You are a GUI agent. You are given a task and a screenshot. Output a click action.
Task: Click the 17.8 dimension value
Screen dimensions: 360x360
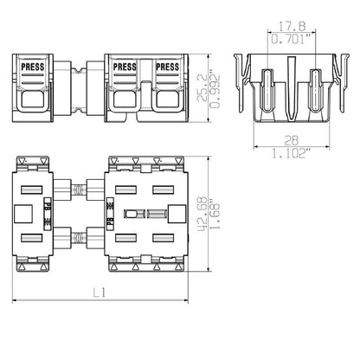pos(292,26)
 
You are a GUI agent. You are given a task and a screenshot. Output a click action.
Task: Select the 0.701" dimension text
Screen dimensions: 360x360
pos(292,39)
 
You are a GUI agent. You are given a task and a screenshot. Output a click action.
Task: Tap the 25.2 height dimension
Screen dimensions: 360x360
pos(202,87)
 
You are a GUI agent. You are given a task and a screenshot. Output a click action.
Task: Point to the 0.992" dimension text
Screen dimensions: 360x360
pos(215,92)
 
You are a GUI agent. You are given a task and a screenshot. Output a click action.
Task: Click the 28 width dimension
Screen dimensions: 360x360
pos(292,140)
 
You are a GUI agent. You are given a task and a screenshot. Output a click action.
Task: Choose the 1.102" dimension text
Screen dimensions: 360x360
pos(292,153)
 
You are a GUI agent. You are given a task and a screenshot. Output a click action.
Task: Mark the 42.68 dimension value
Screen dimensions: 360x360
pos(202,214)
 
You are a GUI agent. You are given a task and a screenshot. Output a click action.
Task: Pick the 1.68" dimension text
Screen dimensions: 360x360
pos(215,214)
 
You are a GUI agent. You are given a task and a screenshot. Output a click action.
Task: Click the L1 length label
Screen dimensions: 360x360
pos(100,293)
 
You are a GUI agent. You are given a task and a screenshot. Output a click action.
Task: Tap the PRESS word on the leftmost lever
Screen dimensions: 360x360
pos(33,67)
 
